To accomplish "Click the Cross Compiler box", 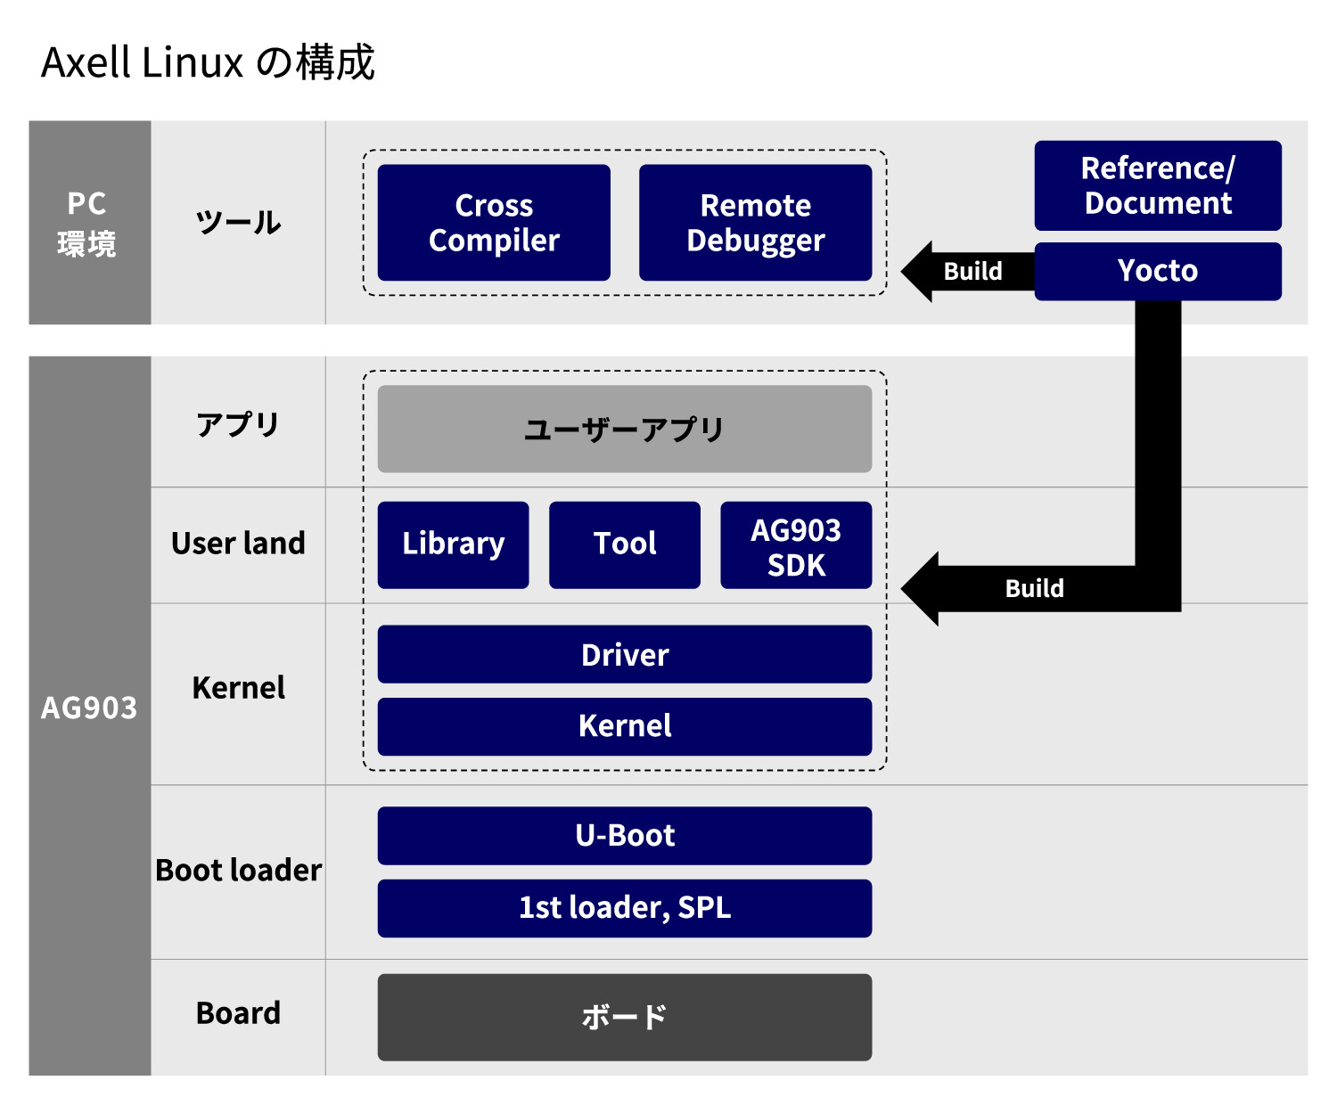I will tap(494, 223).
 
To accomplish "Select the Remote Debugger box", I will tap(755, 223).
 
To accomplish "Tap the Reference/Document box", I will tap(1157, 185).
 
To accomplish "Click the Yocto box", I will tap(1157, 271).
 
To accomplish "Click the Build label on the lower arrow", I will tap(1034, 588).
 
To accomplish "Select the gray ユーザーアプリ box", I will tap(624, 429).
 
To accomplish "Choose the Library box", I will tap(453, 544).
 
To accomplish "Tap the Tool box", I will tap(624, 544).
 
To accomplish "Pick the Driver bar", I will tap(624, 655).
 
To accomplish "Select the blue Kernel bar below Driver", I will tap(624, 726).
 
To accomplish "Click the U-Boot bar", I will tap(624, 836).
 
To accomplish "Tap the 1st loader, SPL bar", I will tap(624, 908).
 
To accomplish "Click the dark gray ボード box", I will tap(624, 1017).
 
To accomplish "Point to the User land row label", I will tap(238, 544).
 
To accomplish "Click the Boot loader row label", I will tap(238, 871).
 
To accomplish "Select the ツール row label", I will tap(238, 223).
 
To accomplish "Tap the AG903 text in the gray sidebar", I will tap(89, 708).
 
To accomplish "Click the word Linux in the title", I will tap(192, 63).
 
